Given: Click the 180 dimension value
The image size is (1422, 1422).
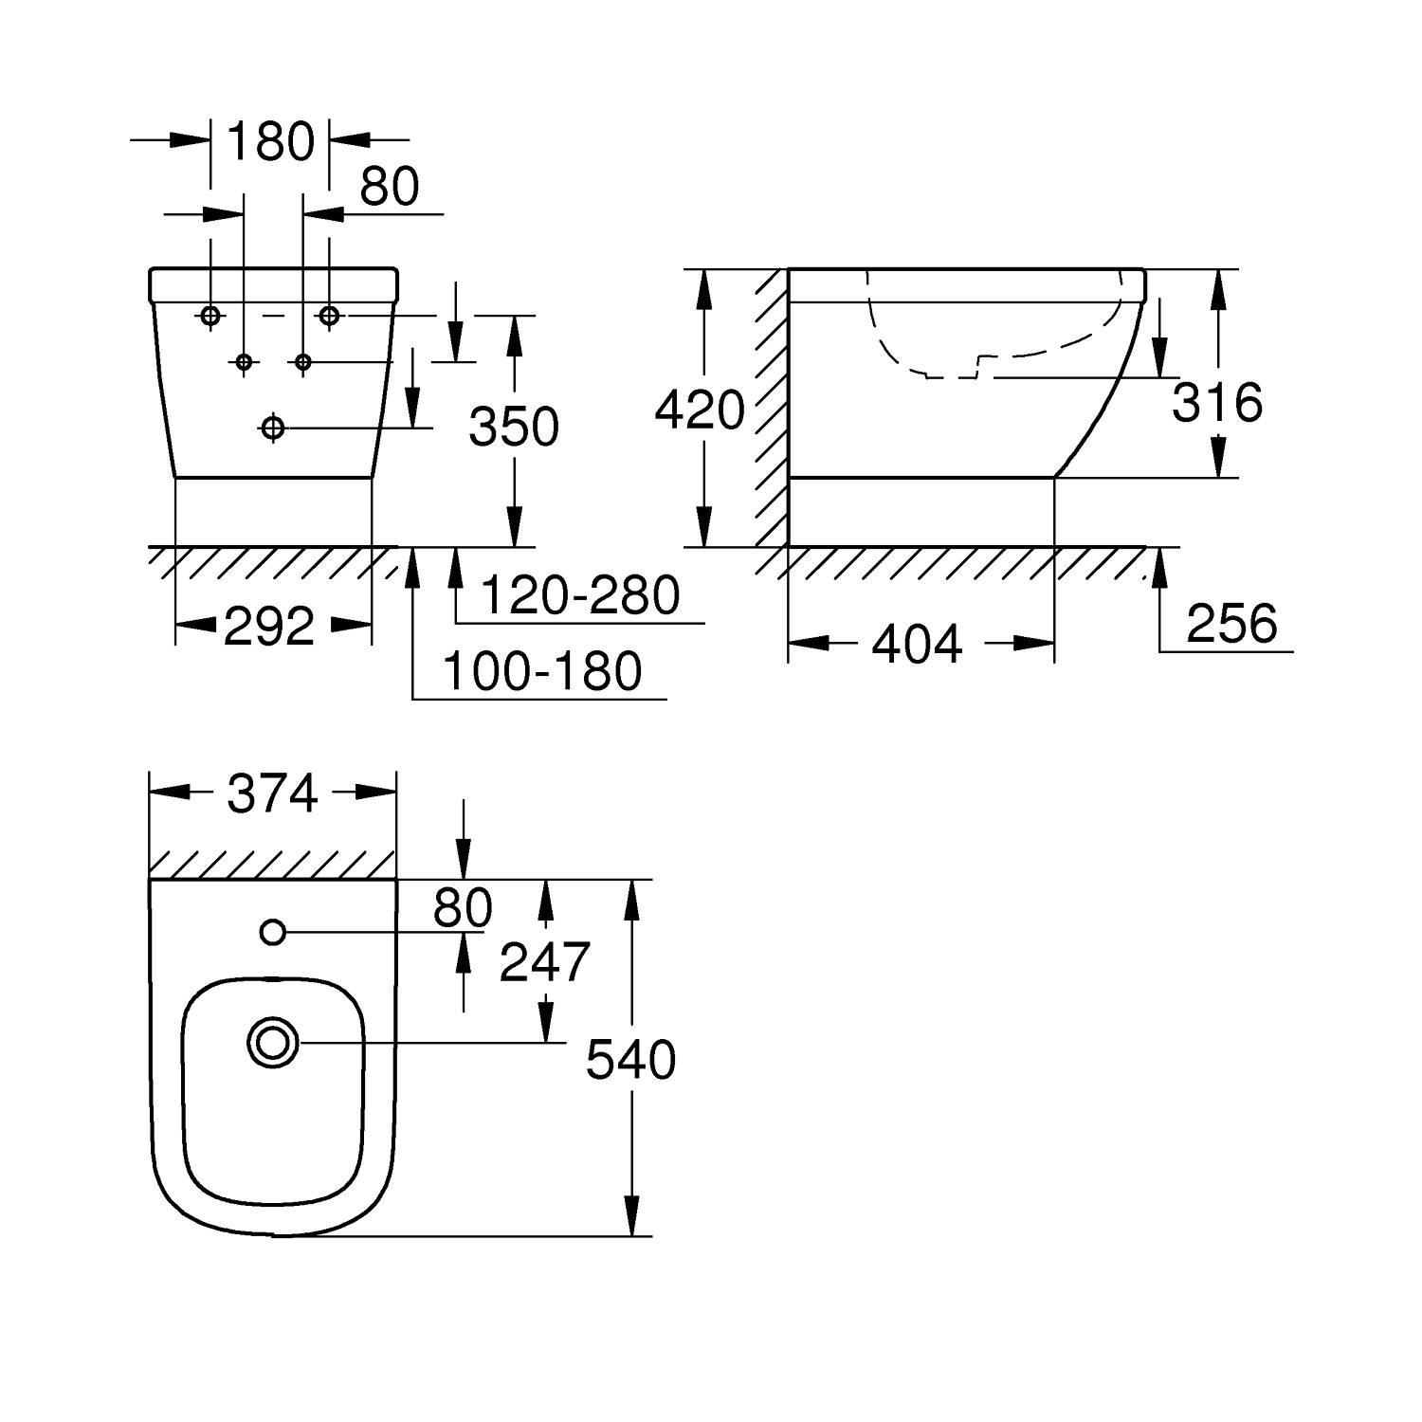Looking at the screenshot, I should click(270, 141).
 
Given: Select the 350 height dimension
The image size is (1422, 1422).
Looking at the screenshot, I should click(514, 427).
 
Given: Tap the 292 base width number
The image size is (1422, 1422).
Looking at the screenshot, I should click(269, 627).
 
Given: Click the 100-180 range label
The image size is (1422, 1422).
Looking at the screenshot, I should click(542, 672).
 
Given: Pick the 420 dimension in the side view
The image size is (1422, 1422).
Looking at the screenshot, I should click(700, 411).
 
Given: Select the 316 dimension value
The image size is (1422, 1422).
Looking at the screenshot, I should click(1217, 403).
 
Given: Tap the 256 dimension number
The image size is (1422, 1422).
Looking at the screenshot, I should click(1231, 624).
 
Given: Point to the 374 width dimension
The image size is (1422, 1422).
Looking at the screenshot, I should click(272, 793).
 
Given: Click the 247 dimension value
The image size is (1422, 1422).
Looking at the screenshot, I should click(544, 963).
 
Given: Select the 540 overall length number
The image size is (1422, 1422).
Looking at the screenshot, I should click(630, 1060).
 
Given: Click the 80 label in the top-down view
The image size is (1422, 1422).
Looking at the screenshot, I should click(463, 908).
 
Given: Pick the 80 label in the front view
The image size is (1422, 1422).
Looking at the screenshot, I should click(390, 188).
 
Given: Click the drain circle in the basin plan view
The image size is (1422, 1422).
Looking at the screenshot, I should click(273, 1044).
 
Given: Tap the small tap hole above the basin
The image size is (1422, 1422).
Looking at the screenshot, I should click(273, 933).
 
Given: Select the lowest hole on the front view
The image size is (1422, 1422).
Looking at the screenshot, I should click(273, 428).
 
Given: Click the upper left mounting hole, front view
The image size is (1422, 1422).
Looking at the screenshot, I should click(210, 316).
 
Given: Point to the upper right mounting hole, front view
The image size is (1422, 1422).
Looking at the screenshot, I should click(329, 316).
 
